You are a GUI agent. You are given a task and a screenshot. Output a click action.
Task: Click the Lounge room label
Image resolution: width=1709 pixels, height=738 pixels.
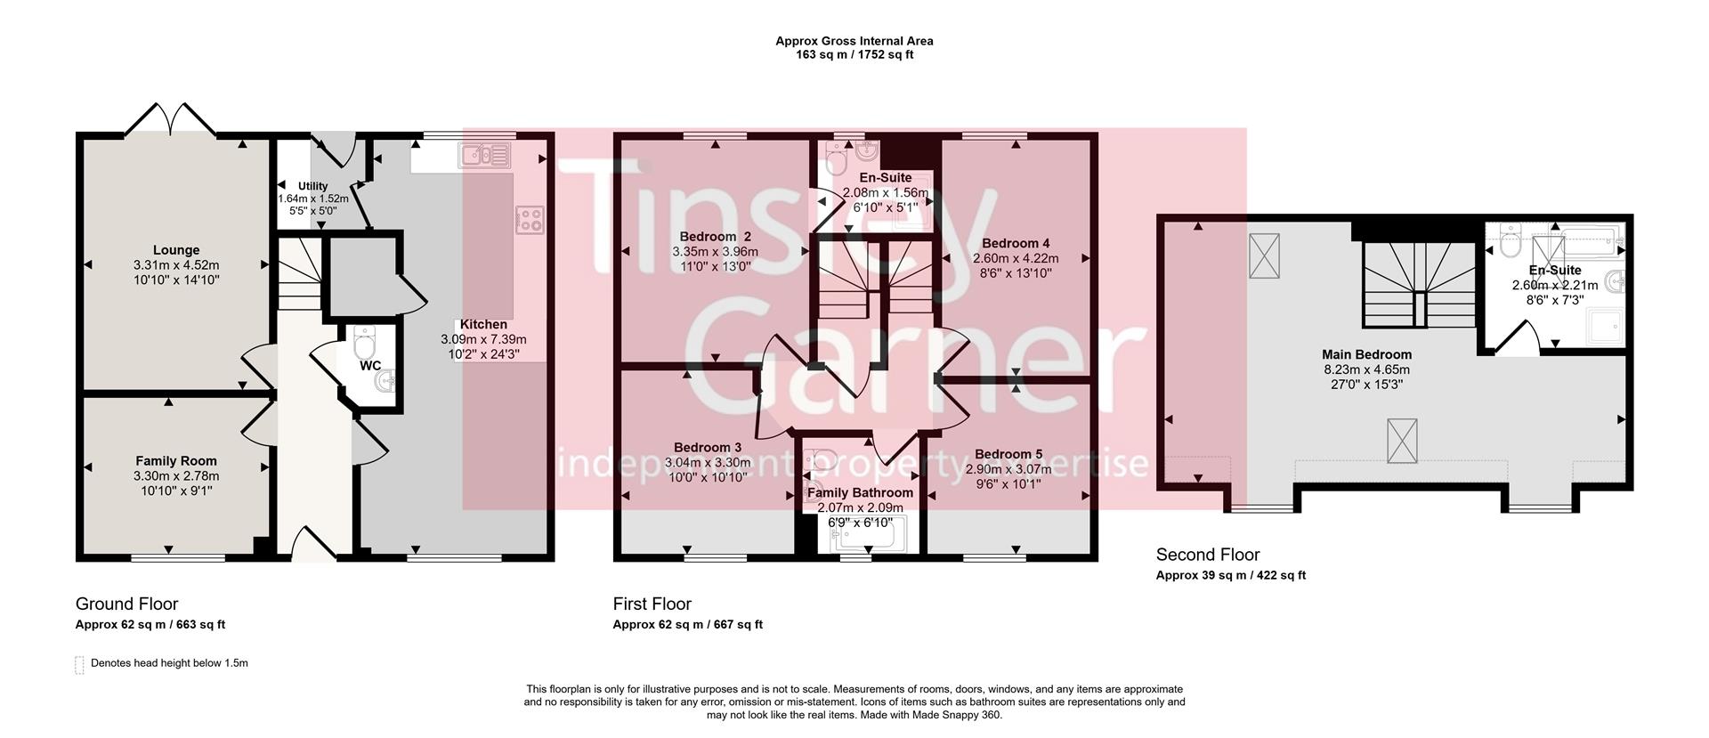[x=175, y=250]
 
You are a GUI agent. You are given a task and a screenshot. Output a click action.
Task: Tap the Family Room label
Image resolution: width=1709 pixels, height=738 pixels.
[x=175, y=461]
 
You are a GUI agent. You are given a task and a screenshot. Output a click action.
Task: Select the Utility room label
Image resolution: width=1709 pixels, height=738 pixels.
[x=312, y=186]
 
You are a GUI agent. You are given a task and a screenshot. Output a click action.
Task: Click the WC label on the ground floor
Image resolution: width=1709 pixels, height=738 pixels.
[x=370, y=366]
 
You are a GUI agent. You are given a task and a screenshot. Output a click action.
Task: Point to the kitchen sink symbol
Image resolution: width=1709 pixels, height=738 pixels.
[x=484, y=156]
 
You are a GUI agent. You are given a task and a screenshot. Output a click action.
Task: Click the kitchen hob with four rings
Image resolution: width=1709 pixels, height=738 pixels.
[x=530, y=219]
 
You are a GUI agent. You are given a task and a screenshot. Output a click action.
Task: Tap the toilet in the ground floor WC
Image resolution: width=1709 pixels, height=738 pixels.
[x=364, y=340]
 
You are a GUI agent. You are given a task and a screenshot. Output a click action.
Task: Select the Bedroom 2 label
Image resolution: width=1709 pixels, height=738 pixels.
[x=715, y=237]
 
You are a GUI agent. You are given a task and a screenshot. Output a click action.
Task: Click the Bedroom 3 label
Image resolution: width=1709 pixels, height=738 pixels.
[x=707, y=448]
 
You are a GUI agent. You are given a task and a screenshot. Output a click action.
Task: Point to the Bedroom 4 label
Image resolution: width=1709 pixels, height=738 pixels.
[x=1016, y=243]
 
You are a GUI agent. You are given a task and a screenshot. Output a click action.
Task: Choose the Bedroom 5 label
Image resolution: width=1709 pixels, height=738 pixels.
[x=1008, y=454]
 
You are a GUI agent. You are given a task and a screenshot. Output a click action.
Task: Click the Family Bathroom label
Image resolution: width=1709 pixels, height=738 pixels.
[x=860, y=493]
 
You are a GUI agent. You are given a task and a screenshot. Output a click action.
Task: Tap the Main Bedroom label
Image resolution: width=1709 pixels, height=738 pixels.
[x=1366, y=354]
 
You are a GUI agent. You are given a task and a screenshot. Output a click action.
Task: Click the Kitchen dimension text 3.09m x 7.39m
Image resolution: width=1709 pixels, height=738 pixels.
[x=483, y=339]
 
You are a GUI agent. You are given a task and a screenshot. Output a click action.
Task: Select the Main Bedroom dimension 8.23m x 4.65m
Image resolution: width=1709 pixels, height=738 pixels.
[x=1366, y=369]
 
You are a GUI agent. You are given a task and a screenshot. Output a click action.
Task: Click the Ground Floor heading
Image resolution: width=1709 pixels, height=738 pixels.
[x=127, y=604]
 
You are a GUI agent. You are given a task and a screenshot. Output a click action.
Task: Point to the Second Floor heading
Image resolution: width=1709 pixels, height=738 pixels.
[x=1207, y=555]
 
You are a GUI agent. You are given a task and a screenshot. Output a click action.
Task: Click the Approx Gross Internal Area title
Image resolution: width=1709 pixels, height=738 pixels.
[x=854, y=41]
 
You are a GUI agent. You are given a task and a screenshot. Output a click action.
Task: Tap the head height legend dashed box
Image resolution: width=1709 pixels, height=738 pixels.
[x=79, y=664]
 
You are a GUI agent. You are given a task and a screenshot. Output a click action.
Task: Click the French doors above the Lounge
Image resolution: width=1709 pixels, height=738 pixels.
[x=170, y=120]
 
